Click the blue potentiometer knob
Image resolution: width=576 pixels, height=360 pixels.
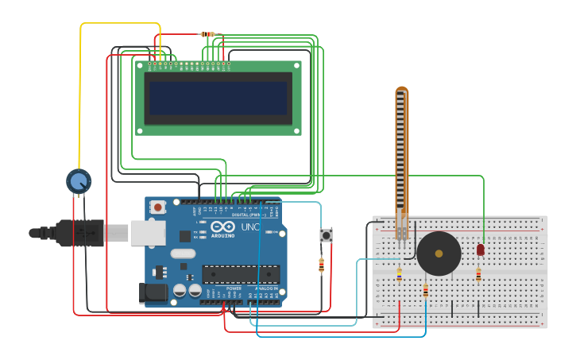click(x=78, y=182)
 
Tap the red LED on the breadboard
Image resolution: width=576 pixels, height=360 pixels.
click(x=481, y=250)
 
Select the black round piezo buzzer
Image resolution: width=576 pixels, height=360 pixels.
click(x=439, y=254)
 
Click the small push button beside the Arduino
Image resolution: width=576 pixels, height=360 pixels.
click(x=326, y=235)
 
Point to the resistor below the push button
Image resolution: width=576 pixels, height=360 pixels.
click(x=321, y=265)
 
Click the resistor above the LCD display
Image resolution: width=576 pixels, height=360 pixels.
click(x=207, y=34)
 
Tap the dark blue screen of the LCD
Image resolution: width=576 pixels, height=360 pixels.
click(x=218, y=98)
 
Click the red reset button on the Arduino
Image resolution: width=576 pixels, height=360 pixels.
click(x=158, y=207)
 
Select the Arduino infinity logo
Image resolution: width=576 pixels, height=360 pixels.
click(x=222, y=227)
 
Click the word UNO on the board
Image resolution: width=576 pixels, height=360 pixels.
click(x=250, y=227)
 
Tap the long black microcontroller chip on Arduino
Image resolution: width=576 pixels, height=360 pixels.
click(x=240, y=274)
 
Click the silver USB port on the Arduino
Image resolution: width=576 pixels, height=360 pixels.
click(x=149, y=233)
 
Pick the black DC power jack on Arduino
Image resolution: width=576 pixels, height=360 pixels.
click(x=153, y=293)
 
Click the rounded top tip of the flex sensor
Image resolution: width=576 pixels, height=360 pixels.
click(x=402, y=91)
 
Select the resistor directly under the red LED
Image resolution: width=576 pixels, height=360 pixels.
click(x=478, y=275)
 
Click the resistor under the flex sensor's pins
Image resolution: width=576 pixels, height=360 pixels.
click(x=399, y=275)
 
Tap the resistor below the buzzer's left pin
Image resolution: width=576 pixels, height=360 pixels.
click(x=425, y=291)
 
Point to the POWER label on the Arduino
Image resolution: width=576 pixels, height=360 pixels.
click(x=234, y=288)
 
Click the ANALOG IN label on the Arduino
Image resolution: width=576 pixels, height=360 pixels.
click(x=266, y=288)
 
